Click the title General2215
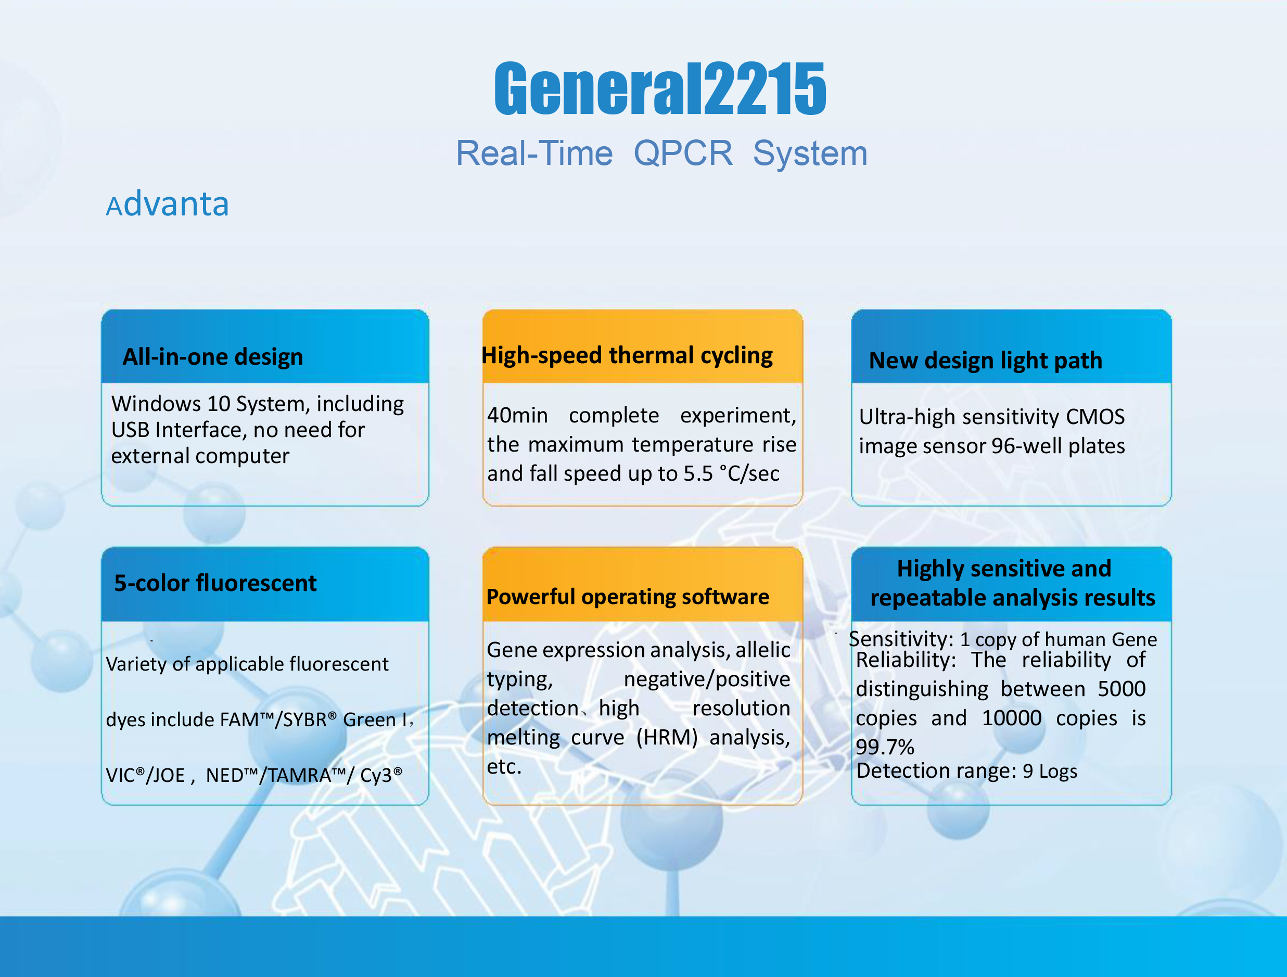point(660,88)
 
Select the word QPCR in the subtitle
point(683,153)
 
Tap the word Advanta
point(168,204)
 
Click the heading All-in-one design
point(213,356)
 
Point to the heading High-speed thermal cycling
point(627,355)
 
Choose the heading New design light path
point(986,361)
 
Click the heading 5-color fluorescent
point(215,583)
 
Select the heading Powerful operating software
point(628,597)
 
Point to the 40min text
point(518,415)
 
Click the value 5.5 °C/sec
point(731,473)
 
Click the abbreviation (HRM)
point(667,737)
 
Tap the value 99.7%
point(885,747)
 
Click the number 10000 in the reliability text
point(1012,718)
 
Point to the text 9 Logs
point(1050,771)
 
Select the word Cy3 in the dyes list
point(381,775)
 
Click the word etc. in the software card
point(504,766)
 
